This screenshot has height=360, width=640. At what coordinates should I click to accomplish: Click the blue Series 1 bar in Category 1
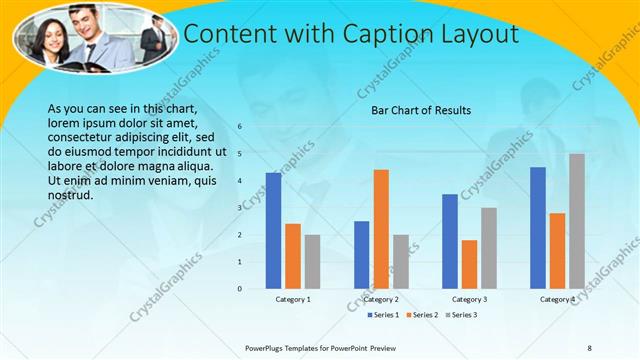point(273,230)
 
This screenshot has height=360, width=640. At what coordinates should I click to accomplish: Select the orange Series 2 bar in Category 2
point(381,229)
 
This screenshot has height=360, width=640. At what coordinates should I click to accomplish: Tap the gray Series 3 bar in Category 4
point(577,221)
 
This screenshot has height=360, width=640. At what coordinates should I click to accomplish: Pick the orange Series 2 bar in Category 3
point(470,264)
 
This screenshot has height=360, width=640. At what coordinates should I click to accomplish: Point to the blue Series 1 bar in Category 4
point(538,227)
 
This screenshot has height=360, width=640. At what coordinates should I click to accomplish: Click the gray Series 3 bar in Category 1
point(312,262)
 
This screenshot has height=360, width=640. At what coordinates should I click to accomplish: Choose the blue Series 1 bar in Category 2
point(362,255)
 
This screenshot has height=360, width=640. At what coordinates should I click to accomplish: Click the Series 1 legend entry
point(383,316)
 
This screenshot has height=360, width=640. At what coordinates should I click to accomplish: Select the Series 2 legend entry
point(421,316)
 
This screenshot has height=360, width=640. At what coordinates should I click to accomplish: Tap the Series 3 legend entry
point(460,316)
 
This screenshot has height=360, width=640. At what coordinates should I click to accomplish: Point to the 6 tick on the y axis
point(240,127)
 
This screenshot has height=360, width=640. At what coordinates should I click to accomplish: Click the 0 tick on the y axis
point(240,289)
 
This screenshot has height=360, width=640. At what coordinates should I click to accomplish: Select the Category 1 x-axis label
point(293,299)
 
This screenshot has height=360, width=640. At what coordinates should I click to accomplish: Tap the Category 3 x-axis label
point(470,299)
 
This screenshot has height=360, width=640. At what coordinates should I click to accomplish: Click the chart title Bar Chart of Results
point(421,110)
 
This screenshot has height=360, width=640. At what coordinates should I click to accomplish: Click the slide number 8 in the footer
point(590,347)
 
